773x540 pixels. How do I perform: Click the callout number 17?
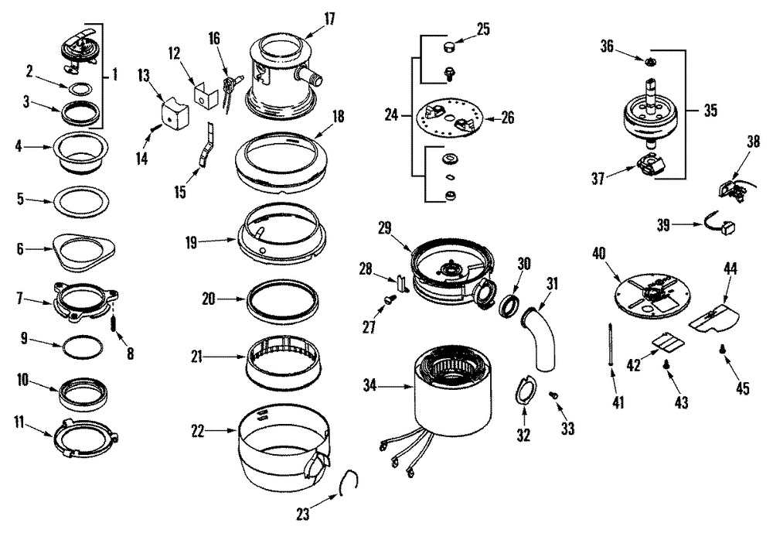(330, 19)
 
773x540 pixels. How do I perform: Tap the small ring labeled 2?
(80, 89)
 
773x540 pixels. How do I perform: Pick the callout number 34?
(369, 385)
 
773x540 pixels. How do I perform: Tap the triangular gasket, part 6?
(83, 251)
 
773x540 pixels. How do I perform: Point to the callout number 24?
(391, 115)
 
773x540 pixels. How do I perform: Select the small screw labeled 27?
(389, 298)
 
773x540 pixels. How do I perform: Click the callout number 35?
(710, 110)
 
